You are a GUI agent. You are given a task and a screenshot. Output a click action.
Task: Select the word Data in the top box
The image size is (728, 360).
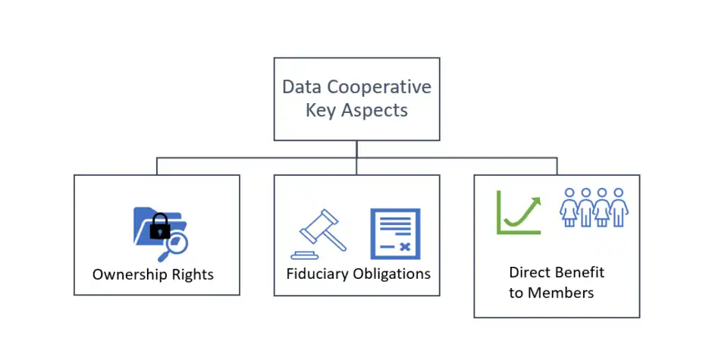[302, 86]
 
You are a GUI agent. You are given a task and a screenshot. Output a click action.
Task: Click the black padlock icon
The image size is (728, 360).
[160, 225]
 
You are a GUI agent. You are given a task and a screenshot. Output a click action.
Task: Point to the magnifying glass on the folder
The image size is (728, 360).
[177, 243]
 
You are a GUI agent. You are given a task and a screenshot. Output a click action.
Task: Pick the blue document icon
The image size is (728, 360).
[394, 233]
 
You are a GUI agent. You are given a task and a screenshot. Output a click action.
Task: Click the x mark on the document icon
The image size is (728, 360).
[405, 247]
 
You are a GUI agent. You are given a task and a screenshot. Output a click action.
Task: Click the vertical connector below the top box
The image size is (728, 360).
[356, 149]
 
